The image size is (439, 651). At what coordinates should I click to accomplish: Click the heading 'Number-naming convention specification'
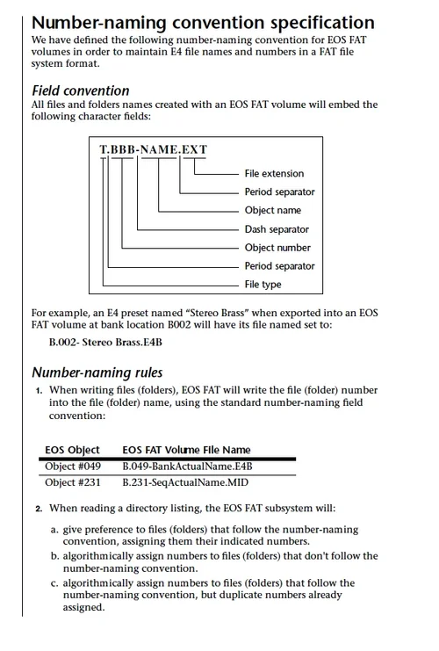point(203,23)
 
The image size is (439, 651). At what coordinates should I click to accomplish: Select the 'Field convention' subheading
point(81,90)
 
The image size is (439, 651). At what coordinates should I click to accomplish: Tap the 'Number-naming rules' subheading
point(97,373)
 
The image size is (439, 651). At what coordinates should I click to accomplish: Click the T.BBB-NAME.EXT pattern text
point(153,149)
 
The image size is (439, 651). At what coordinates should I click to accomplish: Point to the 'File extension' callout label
point(274,174)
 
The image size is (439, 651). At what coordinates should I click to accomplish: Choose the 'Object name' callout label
point(272,210)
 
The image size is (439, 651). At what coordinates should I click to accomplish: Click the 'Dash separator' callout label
point(277,229)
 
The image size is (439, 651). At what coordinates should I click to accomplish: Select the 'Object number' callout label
point(277,248)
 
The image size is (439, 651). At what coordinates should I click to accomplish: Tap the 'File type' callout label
point(263,285)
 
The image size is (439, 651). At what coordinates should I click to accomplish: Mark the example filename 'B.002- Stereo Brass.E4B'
point(105,342)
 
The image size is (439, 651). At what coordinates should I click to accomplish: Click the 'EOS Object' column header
point(72,450)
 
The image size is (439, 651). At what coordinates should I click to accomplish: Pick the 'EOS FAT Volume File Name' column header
point(186,450)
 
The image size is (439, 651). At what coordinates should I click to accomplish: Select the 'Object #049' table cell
point(73,467)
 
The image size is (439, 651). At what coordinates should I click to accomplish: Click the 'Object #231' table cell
point(73,482)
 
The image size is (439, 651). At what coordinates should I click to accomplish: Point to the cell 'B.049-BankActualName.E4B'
point(187,467)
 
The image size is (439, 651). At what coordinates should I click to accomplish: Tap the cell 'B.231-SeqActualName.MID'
point(185,482)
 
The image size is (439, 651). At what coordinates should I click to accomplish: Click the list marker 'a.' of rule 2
point(54,530)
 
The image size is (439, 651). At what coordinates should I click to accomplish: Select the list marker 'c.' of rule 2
point(54,583)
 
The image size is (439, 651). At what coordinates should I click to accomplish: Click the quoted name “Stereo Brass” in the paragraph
point(217,313)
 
